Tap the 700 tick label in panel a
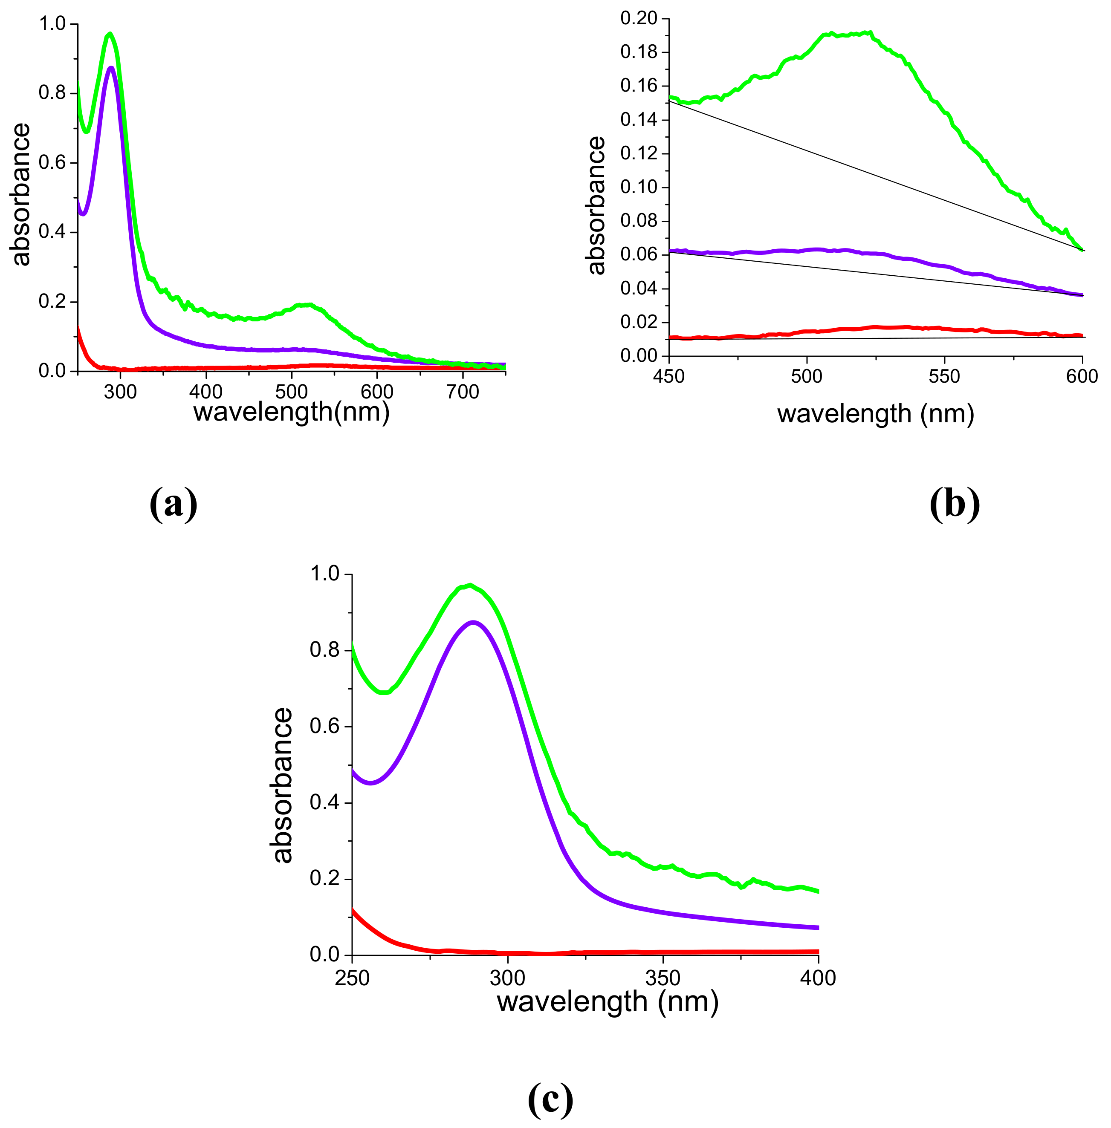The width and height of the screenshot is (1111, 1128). [463, 392]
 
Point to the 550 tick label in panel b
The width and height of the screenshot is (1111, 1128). [944, 377]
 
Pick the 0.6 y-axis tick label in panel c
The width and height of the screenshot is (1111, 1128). [325, 726]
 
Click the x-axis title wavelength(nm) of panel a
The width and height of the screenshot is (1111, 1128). [291, 413]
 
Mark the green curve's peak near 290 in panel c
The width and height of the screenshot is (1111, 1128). [470, 585]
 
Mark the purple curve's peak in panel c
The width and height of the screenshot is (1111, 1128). [474, 622]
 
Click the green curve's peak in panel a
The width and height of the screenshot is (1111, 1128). [110, 34]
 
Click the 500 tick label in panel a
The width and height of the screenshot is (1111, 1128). [291, 392]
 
